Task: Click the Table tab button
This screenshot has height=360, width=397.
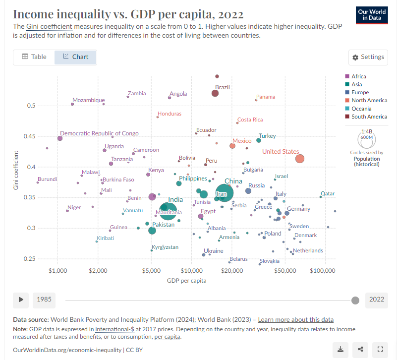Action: pos(34,57)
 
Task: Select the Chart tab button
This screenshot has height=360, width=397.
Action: pos(75,57)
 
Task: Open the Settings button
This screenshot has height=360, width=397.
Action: pos(368,57)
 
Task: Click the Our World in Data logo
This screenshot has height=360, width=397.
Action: pos(372,14)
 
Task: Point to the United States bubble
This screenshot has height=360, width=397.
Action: pos(299,159)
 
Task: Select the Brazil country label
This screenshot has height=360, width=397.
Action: pos(223,87)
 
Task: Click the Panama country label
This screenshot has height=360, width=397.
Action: pos(266,97)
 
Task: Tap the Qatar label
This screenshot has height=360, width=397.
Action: pos(328,193)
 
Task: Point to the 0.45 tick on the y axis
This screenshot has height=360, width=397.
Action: pos(30,136)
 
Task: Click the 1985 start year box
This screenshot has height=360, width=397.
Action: pos(45,300)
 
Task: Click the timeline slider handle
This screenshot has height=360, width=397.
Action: pos(355,300)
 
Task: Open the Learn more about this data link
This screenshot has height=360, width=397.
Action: pos(295,320)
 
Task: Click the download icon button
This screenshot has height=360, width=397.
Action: pos(341,350)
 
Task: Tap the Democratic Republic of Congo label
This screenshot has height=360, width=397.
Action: pos(99,133)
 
